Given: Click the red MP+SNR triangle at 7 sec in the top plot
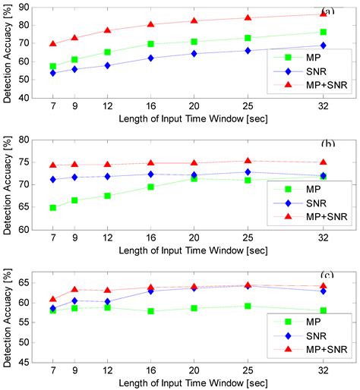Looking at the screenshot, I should point(52,44).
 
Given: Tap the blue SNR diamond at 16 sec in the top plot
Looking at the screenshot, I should point(151,58).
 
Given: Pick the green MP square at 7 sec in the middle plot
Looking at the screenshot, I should point(52,207).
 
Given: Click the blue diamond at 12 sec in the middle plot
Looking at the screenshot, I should point(107,177).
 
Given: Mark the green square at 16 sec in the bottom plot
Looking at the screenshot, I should point(151,311).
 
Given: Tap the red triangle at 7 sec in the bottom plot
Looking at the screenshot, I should point(52,299).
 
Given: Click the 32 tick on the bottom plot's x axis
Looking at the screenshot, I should point(324,371).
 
